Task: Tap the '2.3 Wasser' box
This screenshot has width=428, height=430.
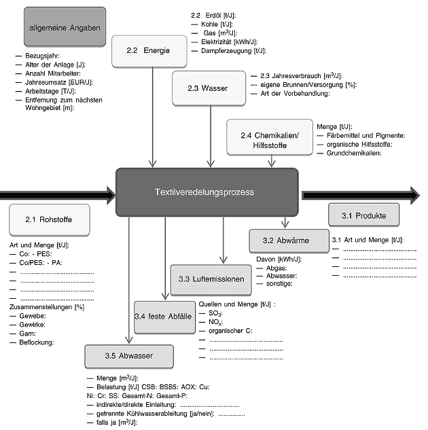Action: pos(208,88)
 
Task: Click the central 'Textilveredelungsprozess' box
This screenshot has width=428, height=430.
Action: pos(207,193)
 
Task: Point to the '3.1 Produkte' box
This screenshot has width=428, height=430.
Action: pos(363,216)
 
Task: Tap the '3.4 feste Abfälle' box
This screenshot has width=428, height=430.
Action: pos(163,317)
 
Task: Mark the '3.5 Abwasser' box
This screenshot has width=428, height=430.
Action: pos(128,356)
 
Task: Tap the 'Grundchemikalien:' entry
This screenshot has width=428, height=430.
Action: pos(353,153)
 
